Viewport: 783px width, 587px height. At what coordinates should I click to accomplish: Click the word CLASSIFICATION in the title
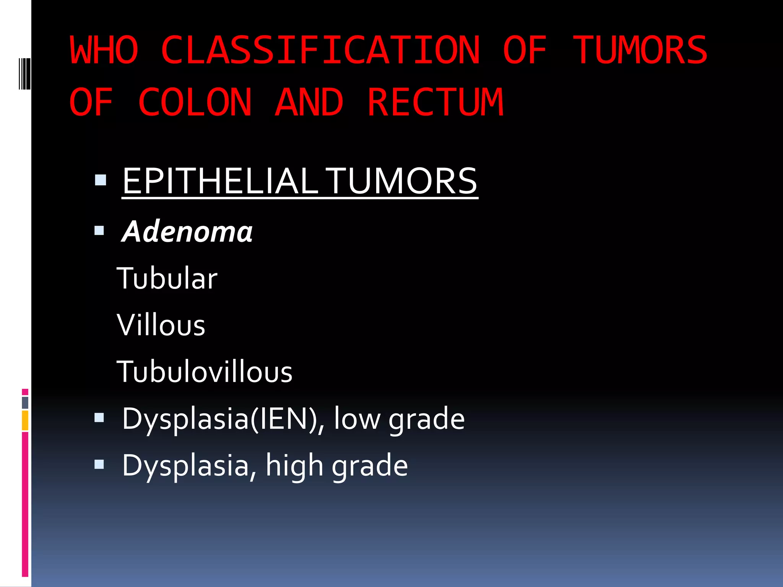click(x=320, y=50)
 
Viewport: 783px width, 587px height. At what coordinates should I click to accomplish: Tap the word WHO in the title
click(x=104, y=50)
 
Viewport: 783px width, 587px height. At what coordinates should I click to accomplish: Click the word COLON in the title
click(x=195, y=102)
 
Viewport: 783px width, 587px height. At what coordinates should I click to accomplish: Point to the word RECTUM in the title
click(x=435, y=102)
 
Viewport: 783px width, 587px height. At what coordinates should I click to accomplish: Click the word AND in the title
click(x=309, y=102)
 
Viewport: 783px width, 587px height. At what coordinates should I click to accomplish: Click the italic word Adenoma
click(x=187, y=232)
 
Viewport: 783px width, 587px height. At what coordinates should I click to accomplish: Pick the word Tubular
click(x=167, y=278)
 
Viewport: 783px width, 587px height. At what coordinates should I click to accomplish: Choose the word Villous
click(x=161, y=325)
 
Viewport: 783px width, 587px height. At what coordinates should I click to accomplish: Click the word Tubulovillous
click(x=205, y=372)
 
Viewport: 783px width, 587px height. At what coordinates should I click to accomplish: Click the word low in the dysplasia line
click(x=357, y=419)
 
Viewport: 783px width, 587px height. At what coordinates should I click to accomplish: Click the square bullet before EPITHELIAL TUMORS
click(x=101, y=180)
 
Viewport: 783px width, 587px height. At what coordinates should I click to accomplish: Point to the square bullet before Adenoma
click(x=99, y=230)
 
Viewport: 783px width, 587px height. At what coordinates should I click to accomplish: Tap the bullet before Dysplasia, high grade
click(x=99, y=464)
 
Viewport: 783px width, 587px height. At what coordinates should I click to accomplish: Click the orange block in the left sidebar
click(x=25, y=420)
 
